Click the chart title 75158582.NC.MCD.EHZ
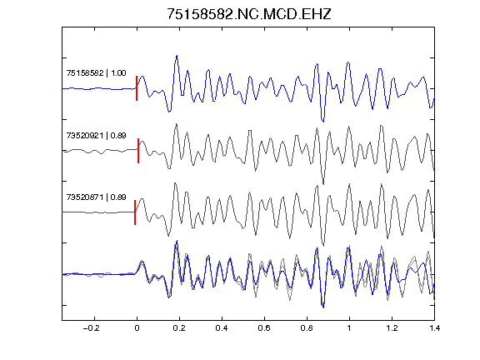click(249, 14)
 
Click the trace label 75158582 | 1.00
click(96, 73)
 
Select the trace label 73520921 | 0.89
click(96, 135)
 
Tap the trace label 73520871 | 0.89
click(96, 197)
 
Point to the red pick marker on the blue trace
click(137, 88)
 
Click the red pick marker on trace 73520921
click(138, 151)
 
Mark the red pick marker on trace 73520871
click(135, 212)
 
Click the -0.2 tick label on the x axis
click(91, 328)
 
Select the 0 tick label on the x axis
click(137, 328)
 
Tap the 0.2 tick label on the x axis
click(179, 328)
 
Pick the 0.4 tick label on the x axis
click(222, 328)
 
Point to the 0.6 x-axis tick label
click(264, 328)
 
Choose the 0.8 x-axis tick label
click(307, 328)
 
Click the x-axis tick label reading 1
click(349, 328)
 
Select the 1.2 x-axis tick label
click(392, 328)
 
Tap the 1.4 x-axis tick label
click(434, 328)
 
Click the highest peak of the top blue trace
click(177, 56)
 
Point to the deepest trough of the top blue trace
click(323, 122)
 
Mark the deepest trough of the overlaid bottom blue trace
click(323, 307)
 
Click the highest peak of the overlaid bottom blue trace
click(177, 241)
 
